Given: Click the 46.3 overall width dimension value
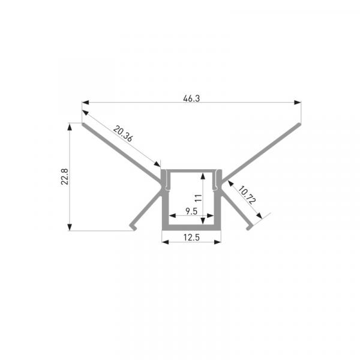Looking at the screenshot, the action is pyautogui.click(x=191, y=98).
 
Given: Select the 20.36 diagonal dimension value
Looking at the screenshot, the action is pyautogui.click(x=123, y=134).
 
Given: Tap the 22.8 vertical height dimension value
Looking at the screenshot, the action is pyautogui.click(x=65, y=176).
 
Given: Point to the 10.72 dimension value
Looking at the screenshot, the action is pyautogui.click(x=247, y=195).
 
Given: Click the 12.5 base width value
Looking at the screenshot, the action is pyautogui.click(x=191, y=238).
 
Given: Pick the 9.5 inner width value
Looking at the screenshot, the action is pyautogui.click(x=191, y=211).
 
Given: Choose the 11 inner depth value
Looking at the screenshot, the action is pyautogui.click(x=199, y=198).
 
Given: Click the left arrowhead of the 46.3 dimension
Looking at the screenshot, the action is pyautogui.click(x=85, y=103).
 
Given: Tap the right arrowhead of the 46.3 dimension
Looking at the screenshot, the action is pyautogui.click(x=298, y=103).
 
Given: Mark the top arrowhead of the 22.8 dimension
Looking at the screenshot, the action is pyautogui.click(x=70, y=127).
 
